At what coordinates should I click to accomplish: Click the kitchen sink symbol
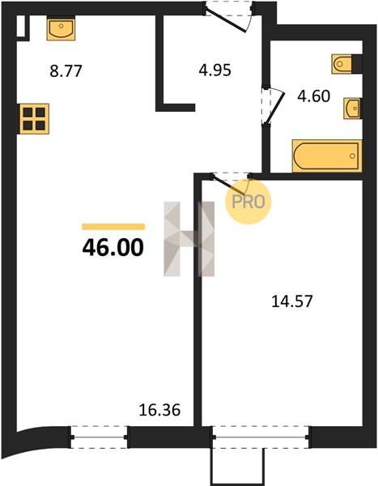[x=61, y=29]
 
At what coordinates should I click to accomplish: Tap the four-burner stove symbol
[x=34, y=119]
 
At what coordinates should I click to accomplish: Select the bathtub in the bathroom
[x=327, y=156]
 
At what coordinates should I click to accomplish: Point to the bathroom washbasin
[x=352, y=109]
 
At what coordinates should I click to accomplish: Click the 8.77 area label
[x=66, y=71]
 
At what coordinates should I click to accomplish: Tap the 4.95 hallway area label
[x=214, y=70]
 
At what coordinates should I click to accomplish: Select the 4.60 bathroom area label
[x=313, y=96]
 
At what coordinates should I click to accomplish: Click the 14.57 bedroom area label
[x=292, y=301]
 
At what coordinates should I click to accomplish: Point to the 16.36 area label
[x=159, y=411]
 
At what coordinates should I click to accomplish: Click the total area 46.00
[x=113, y=248]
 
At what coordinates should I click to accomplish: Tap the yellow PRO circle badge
[x=248, y=202]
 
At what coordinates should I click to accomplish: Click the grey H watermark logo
[x=189, y=239]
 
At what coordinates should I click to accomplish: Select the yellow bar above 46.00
[x=113, y=227]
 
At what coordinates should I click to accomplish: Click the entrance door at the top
[x=227, y=16]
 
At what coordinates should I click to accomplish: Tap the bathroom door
[x=273, y=105]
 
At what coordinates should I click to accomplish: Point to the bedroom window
[x=261, y=437]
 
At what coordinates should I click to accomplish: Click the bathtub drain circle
[x=352, y=156]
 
